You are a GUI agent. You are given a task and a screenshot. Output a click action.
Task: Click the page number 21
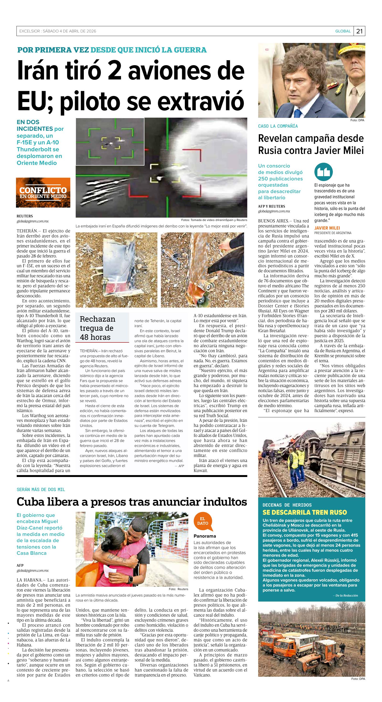359,31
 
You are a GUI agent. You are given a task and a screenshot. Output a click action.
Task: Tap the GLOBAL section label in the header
343,31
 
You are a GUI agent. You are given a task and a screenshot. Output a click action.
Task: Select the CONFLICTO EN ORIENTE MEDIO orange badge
43,193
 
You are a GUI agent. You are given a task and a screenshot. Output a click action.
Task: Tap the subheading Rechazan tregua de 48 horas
97,328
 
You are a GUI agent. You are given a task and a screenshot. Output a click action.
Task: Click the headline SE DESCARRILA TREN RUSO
305,512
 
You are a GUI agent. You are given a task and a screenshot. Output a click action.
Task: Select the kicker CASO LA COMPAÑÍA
278,126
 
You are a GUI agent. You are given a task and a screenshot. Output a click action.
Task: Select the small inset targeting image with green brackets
110,141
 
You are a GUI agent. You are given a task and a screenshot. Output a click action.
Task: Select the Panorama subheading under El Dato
205,536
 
